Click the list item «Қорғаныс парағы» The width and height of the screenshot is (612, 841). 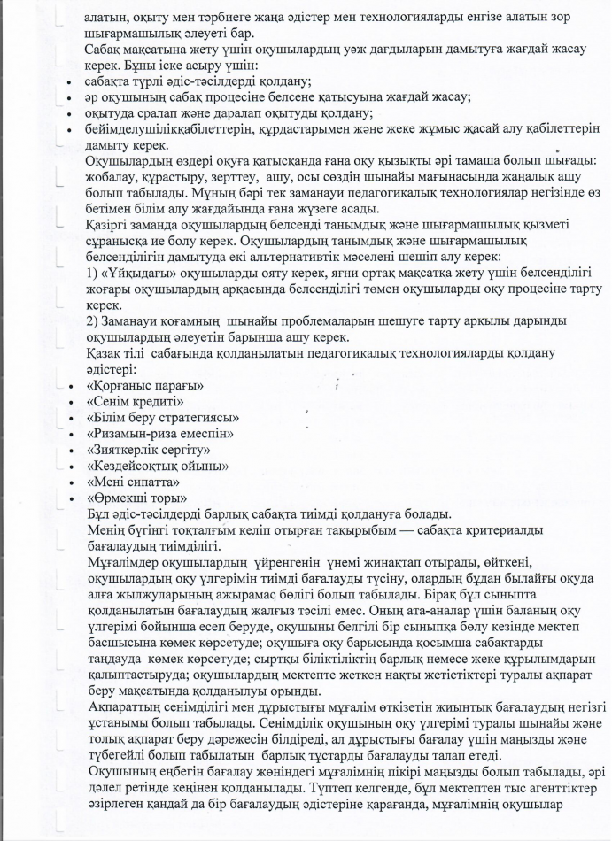coord(145,386)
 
